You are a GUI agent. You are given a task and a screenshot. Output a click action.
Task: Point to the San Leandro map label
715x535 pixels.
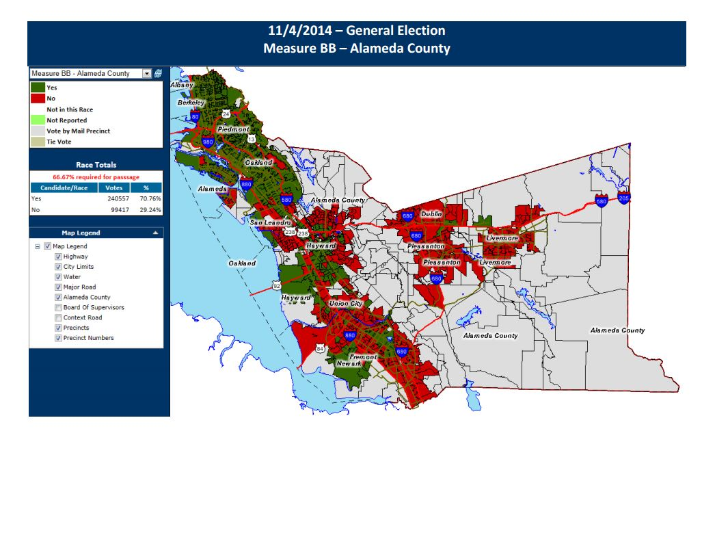270,223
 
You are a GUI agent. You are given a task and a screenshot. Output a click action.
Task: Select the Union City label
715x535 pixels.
346,303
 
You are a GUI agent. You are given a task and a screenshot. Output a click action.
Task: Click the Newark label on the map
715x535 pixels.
349,364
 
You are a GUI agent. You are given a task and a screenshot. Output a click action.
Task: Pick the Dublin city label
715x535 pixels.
432,214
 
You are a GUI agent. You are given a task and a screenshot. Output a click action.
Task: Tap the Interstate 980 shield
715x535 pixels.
208,142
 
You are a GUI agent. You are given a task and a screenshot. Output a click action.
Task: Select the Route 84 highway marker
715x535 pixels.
320,349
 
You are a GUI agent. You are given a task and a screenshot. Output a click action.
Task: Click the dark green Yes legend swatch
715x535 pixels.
37,88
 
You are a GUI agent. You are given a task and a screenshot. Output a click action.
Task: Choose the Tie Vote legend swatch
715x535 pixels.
37,142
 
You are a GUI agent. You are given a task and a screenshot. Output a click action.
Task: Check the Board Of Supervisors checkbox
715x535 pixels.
58,307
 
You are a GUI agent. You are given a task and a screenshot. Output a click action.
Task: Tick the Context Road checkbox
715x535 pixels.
58,317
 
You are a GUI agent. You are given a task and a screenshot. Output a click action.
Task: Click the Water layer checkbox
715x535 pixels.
58,277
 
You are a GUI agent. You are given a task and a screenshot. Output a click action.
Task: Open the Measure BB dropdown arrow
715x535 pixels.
146,73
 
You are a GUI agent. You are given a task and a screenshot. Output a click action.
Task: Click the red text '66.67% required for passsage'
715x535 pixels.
96,176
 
